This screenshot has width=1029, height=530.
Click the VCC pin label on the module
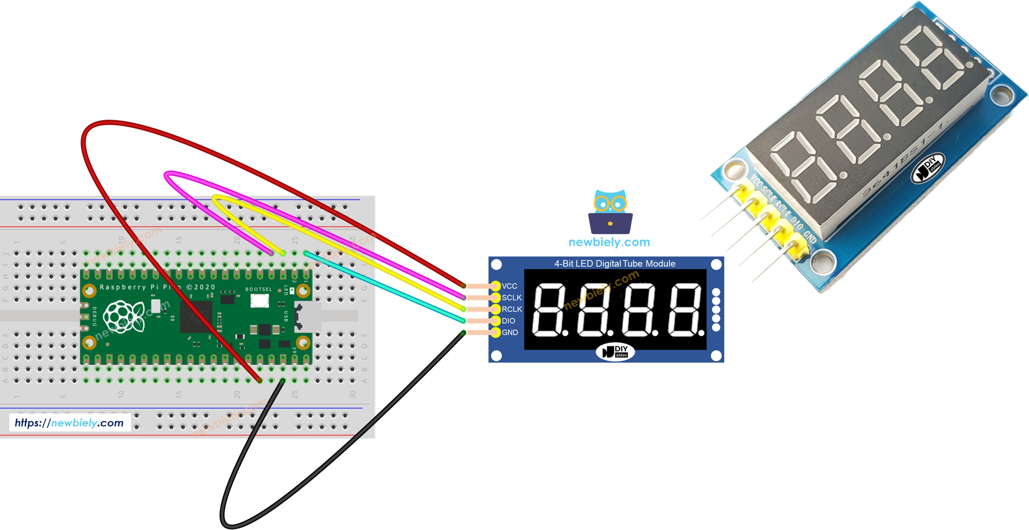pyautogui.click(x=509, y=286)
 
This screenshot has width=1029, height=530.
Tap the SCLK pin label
pyautogui.click(x=512, y=297)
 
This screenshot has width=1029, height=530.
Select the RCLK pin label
pyautogui.click(x=512, y=309)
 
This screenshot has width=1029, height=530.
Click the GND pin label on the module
pyautogui.click(x=510, y=332)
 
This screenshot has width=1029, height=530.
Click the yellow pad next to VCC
pyautogui.click(x=496, y=286)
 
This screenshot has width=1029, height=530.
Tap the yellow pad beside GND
pyautogui.click(x=496, y=332)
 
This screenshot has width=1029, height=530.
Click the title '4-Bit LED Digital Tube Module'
pyautogui.click(x=614, y=264)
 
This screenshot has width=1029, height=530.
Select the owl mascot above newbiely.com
pyautogui.click(x=610, y=212)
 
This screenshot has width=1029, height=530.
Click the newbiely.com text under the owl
pyautogui.click(x=609, y=242)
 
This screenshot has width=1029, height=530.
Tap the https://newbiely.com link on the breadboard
pyautogui.click(x=69, y=423)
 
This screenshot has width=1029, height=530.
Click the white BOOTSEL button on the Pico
pyautogui.click(x=259, y=300)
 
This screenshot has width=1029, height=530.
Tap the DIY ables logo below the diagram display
pyautogui.click(x=615, y=352)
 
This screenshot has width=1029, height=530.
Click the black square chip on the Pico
pyautogui.click(x=196, y=317)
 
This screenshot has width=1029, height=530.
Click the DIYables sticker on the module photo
pyautogui.click(x=928, y=168)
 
